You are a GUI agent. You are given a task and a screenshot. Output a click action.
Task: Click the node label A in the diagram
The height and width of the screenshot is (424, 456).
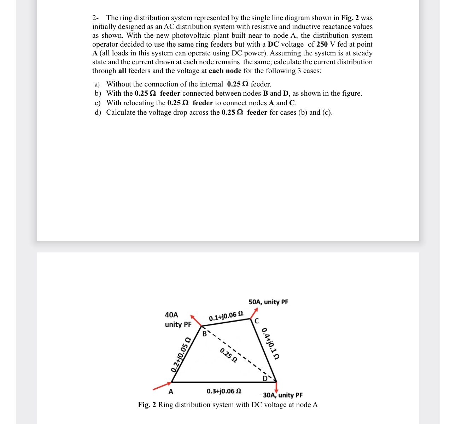171,392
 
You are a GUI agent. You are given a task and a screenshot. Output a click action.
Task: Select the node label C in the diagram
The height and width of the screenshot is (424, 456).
257,321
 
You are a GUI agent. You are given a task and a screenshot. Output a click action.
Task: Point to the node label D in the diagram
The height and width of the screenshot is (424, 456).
265,379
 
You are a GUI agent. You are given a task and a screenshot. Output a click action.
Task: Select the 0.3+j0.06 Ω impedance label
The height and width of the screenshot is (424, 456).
224,391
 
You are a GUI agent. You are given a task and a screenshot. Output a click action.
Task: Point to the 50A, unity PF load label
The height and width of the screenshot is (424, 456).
268,302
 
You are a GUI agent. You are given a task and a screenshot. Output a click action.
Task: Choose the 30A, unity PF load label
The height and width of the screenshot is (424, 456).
283,395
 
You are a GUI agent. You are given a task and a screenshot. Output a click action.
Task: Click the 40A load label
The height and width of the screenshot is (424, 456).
172,315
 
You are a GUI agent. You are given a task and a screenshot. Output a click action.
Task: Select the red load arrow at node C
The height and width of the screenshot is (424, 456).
254,313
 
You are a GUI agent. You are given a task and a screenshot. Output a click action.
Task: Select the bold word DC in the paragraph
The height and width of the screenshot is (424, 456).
273,44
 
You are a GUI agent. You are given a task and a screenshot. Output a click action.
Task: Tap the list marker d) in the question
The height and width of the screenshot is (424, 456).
98,112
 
